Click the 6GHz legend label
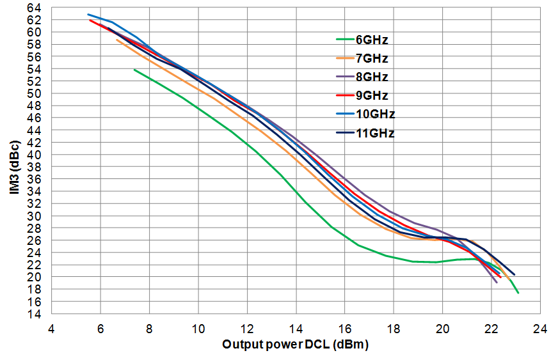point(371,40)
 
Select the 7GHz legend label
point(371,58)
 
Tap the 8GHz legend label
point(371,77)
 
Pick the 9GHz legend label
point(371,96)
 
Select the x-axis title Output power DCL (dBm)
point(296,344)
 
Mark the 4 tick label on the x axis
point(52,326)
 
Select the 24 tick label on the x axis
point(540,326)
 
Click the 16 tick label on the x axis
point(345,326)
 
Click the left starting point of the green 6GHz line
point(134,69)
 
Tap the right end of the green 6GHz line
point(518,293)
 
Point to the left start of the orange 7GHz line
point(116,40)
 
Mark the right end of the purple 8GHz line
point(497,282)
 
